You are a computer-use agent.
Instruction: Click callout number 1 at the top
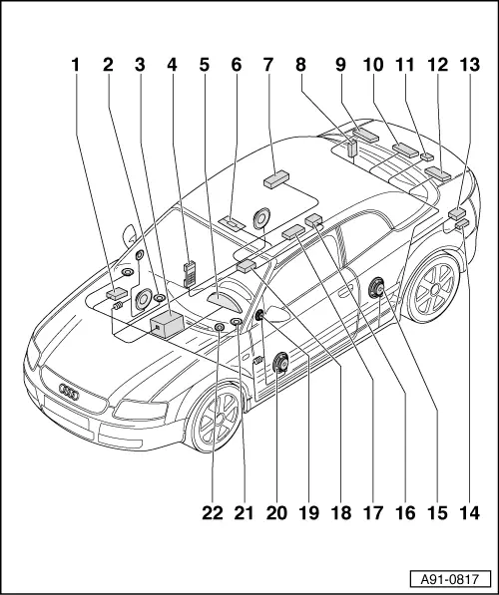click(76, 65)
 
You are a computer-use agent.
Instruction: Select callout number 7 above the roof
click(268, 65)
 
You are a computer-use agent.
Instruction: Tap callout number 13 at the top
click(470, 65)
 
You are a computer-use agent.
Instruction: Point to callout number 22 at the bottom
click(212, 513)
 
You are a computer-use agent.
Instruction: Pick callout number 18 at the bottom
click(341, 513)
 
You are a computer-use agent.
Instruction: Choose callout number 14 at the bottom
click(470, 513)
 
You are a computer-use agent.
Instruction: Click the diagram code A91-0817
click(450, 579)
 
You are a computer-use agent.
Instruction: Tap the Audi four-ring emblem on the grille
click(69, 393)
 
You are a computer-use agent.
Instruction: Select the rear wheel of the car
click(434, 287)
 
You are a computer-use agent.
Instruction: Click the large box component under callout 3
click(167, 325)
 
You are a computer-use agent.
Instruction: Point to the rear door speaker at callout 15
click(376, 287)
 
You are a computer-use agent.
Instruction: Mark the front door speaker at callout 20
click(280, 363)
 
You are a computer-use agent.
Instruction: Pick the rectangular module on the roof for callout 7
click(276, 178)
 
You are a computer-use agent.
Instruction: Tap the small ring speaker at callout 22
click(220, 328)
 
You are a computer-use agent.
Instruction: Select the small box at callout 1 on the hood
click(117, 293)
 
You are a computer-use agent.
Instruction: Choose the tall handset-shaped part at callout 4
click(189, 274)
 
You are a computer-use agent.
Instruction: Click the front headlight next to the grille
click(141, 410)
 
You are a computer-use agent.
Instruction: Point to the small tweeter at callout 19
click(260, 315)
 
